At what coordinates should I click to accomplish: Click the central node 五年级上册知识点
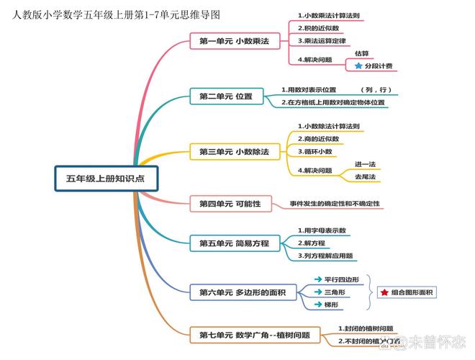(x=105, y=178)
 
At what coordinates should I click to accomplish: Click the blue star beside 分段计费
(x=358, y=66)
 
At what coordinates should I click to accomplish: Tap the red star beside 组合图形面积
(x=384, y=292)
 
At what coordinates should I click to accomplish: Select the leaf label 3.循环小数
(x=315, y=152)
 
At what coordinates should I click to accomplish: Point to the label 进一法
(x=365, y=164)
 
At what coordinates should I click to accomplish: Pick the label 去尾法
(x=365, y=177)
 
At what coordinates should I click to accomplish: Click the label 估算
(x=362, y=54)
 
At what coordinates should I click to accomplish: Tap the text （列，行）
(x=376, y=90)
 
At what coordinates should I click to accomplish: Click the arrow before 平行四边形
(x=317, y=279)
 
